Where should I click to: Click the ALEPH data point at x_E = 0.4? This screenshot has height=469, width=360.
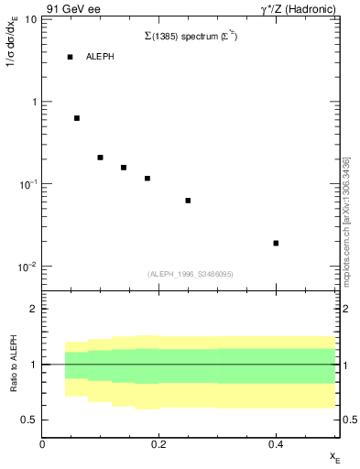point(276,243)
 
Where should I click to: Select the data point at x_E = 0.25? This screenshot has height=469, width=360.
point(188,200)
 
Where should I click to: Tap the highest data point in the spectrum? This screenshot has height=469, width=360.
point(77,118)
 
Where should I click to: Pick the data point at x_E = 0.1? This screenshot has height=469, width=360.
point(100,158)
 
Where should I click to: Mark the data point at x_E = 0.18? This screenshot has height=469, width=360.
point(147,178)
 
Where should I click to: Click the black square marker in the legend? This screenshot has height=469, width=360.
point(70,57)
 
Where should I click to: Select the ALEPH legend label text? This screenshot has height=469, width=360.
point(100,57)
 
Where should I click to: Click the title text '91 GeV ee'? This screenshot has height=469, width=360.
point(71,8)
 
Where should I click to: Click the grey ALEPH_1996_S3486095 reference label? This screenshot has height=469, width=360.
point(191,274)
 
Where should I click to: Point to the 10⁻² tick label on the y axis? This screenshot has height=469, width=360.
point(26,267)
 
